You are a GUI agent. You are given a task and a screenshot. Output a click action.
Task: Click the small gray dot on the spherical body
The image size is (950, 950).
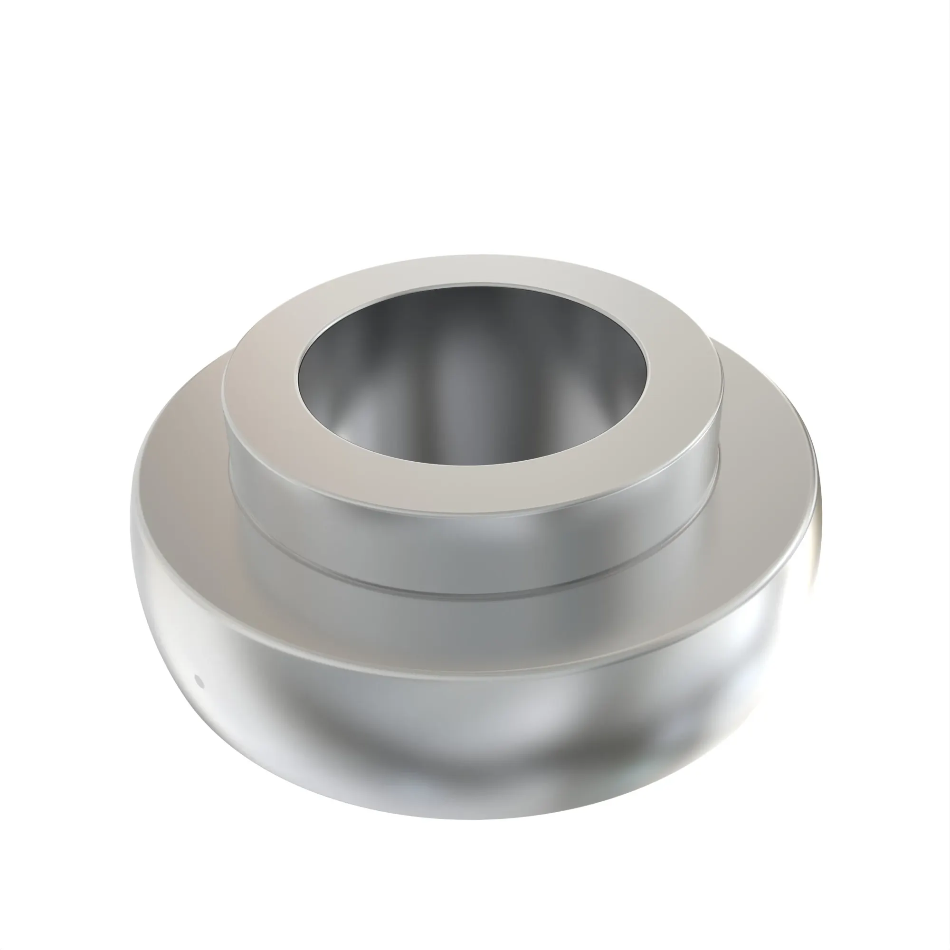point(199,681)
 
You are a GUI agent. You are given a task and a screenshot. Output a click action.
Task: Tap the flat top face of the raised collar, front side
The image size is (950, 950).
point(472,489)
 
